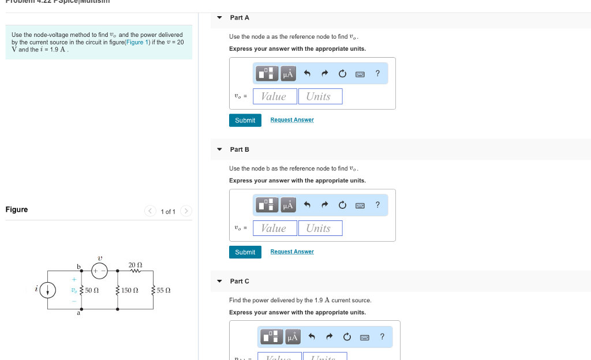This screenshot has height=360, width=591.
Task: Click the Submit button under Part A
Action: pyautogui.click(x=245, y=120)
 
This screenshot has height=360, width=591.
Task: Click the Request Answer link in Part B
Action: pyautogui.click(x=292, y=252)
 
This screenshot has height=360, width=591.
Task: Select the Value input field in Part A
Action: pyautogui.click(x=275, y=96)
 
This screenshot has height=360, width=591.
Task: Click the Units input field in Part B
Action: pyautogui.click(x=320, y=228)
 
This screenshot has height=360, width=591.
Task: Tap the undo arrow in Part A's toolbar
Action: pyautogui.click(x=307, y=73)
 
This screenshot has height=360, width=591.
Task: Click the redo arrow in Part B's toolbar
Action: pyautogui.click(x=324, y=205)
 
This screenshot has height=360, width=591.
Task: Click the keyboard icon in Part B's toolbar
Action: pyautogui.click(x=360, y=205)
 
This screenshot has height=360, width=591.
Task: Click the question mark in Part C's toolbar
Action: pyautogui.click(x=381, y=337)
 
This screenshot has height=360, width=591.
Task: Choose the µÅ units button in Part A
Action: pyautogui.click(x=288, y=73)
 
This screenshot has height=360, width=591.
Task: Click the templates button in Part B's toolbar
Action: pyautogui.click(x=267, y=205)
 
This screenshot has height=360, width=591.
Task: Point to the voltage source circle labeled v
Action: pyautogui.click(x=99, y=270)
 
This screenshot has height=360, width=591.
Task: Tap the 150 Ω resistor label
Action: pyautogui.click(x=130, y=290)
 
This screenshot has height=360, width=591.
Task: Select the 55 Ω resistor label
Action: pyautogui.click(x=164, y=290)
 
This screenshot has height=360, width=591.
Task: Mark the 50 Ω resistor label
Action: pyautogui.click(x=92, y=290)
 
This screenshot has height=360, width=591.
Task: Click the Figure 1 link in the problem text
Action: pyautogui.click(x=138, y=43)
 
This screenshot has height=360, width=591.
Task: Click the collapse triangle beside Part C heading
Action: pyautogui.click(x=219, y=281)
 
